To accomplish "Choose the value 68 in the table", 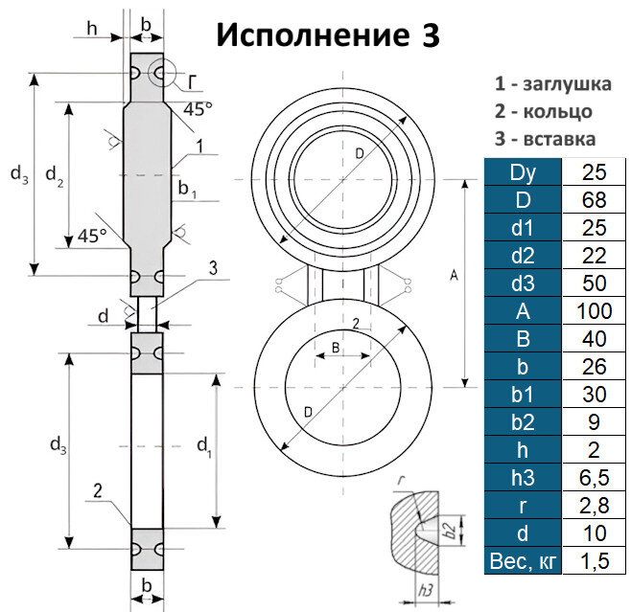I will coord(595,201).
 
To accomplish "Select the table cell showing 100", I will coord(595,311).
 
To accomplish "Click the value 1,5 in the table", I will coord(595,561).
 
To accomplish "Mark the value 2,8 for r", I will coord(595,506).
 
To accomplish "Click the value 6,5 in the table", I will coord(595,478).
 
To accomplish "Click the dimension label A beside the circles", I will coord(453,277).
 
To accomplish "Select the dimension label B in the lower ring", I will coord(336,348).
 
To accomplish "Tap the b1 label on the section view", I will coord(187,192).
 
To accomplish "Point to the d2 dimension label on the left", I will coord(55,175).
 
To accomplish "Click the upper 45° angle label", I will coord(198,108).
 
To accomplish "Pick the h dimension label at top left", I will coord(91,28).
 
